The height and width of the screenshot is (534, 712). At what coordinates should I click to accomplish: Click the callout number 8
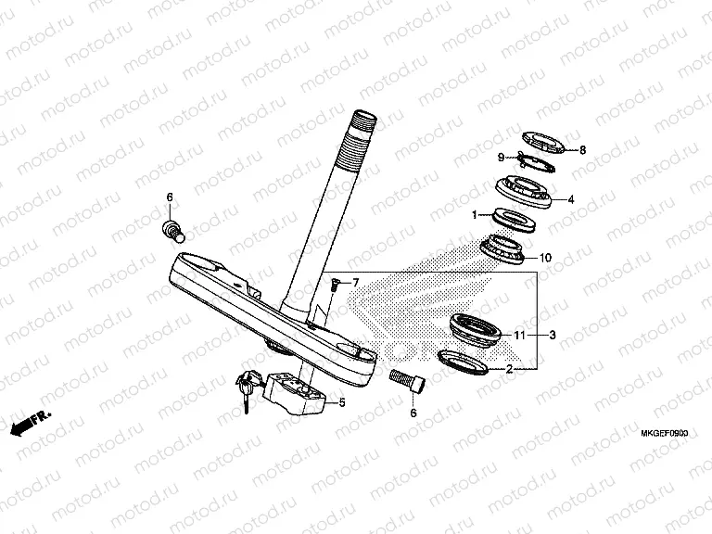[x=582, y=149]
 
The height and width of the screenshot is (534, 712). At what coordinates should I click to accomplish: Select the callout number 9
[x=501, y=157]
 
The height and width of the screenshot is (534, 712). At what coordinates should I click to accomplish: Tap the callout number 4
[x=571, y=198]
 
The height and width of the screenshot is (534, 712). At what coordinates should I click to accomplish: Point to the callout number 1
[x=476, y=215]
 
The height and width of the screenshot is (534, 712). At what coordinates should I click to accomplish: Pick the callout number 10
[x=545, y=257]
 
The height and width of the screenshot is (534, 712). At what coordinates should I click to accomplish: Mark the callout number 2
[x=508, y=369]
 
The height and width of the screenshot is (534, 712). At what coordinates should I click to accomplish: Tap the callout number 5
[x=341, y=402]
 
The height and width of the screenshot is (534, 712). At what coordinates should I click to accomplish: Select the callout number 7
[x=355, y=280]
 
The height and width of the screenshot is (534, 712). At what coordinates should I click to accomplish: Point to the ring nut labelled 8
[x=543, y=139]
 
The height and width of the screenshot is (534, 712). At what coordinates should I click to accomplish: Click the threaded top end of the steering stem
[x=362, y=124]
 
